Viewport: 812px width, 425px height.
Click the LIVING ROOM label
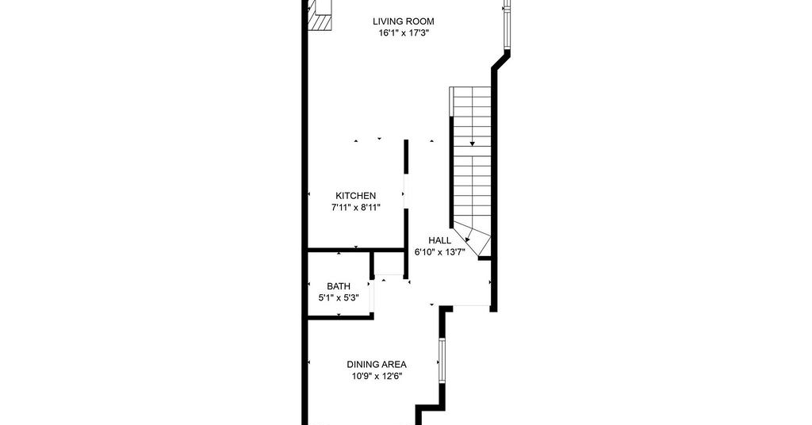(x=404, y=21)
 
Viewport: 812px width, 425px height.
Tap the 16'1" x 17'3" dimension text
(x=404, y=33)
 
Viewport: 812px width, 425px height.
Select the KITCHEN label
(x=356, y=196)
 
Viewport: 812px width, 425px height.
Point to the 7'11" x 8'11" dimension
(x=356, y=208)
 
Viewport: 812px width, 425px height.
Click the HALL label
(x=439, y=241)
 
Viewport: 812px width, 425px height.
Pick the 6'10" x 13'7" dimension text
(x=439, y=253)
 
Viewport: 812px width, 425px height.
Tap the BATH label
(x=339, y=286)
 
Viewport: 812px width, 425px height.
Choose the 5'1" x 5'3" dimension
(x=339, y=298)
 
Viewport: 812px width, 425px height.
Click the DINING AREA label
(x=377, y=365)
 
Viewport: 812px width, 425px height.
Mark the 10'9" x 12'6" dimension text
(x=377, y=377)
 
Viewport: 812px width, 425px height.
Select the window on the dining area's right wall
(x=442, y=360)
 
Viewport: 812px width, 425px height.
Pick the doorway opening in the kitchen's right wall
(x=406, y=191)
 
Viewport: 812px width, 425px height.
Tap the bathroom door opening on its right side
(x=371, y=297)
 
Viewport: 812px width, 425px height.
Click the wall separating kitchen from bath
(x=356, y=250)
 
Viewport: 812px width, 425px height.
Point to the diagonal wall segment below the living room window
(x=501, y=60)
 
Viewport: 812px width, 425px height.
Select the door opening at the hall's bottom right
(x=471, y=307)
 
